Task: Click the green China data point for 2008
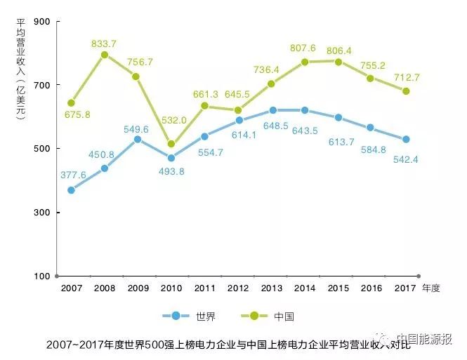(104, 55)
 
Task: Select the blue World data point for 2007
(71, 189)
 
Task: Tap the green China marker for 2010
(171, 144)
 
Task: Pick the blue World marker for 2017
(406, 140)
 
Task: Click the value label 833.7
(104, 44)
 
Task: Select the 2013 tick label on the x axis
(272, 288)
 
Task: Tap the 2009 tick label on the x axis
(138, 288)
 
